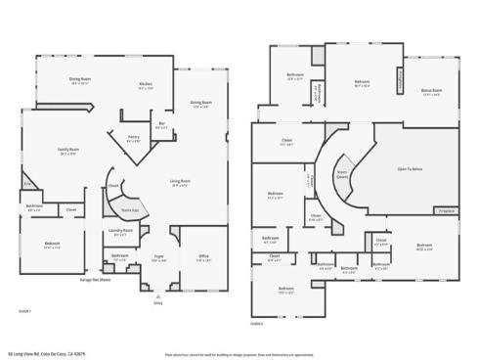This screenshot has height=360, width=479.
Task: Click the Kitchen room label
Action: coord(145,85)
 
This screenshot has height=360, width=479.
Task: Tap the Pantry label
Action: coord(134,139)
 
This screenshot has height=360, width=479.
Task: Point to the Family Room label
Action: coord(67,151)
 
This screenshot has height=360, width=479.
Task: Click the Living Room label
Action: coord(179,182)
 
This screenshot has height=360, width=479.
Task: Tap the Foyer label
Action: coord(158,258)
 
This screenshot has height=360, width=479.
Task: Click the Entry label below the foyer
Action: coord(158,302)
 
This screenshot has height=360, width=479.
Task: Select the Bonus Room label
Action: coord(432,91)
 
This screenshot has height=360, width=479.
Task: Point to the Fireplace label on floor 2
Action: coord(446,210)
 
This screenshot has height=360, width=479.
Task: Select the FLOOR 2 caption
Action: coord(256,320)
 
